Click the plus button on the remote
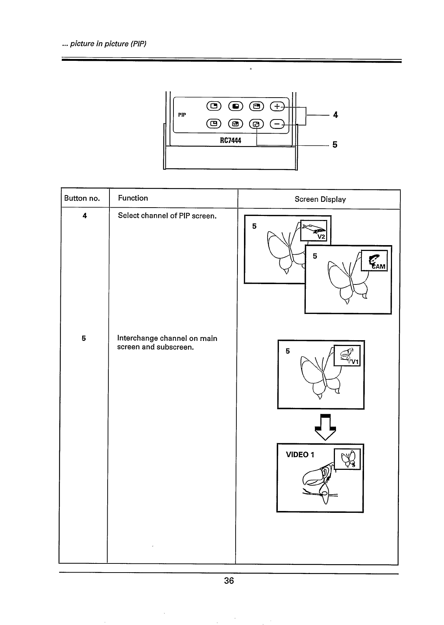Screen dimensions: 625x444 point(277,106)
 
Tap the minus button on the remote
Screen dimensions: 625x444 point(277,124)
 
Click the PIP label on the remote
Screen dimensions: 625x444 point(182,115)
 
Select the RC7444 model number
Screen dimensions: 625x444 point(231,140)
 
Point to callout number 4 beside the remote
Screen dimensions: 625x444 point(335,115)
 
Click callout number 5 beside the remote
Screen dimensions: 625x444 point(335,145)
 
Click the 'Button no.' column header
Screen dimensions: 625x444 point(82,198)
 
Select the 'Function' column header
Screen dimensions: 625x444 point(133,198)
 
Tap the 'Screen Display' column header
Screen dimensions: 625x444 point(320,199)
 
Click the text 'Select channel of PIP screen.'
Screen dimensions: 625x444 point(167,216)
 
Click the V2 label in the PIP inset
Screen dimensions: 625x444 point(322,237)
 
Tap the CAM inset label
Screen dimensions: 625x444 point(378,267)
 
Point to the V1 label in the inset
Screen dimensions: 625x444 point(355,362)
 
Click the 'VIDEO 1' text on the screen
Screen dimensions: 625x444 point(300,455)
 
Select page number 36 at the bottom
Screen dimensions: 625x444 point(229,581)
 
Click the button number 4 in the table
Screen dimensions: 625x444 point(85,216)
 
